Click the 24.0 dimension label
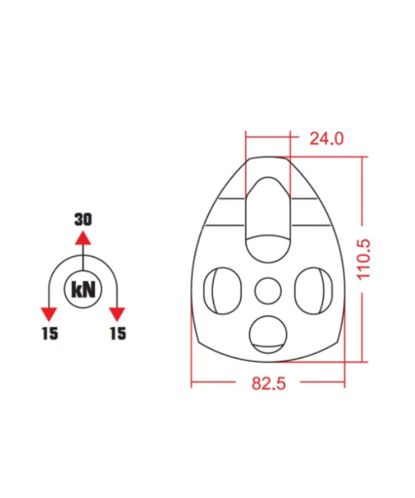[x=326, y=139]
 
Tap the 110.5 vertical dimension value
[x=364, y=259]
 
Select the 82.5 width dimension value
[x=268, y=383]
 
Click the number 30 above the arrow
[x=83, y=219]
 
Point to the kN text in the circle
[x=83, y=290]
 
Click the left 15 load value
[x=50, y=333]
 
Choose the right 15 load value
[x=118, y=333]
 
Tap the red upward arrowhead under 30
[x=83, y=238]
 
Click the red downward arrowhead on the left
[x=49, y=315]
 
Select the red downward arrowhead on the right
[x=117, y=315]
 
